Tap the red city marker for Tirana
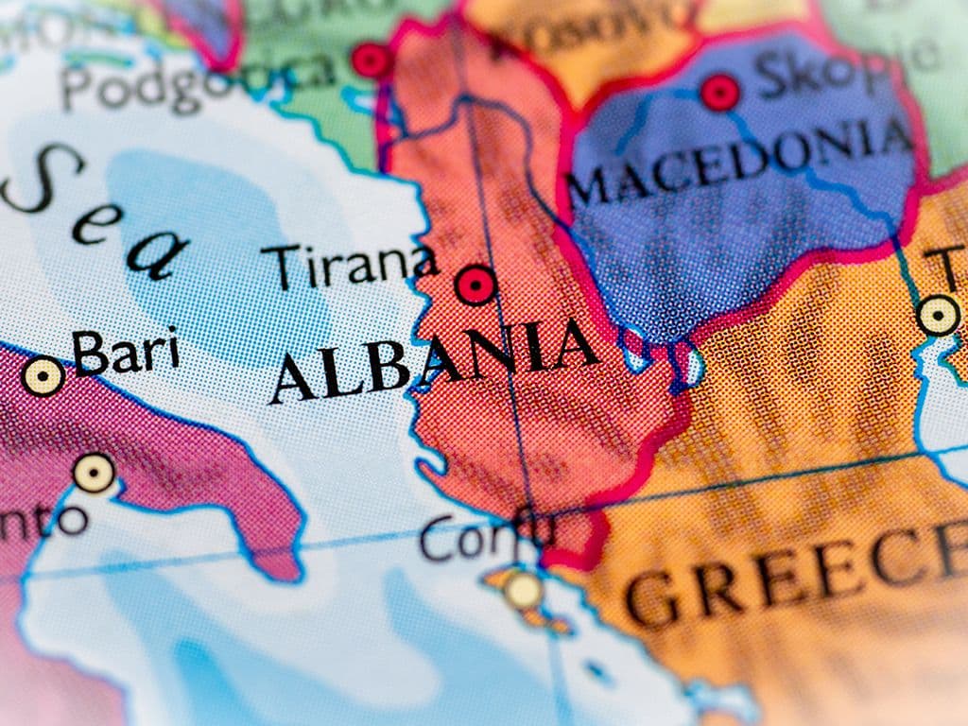click(475, 285)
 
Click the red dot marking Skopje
click(720, 93)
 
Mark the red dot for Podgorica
click(372, 60)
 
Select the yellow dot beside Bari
click(43, 376)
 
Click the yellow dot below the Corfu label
click(523, 590)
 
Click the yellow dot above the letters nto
click(94, 473)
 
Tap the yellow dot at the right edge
click(939, 315)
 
